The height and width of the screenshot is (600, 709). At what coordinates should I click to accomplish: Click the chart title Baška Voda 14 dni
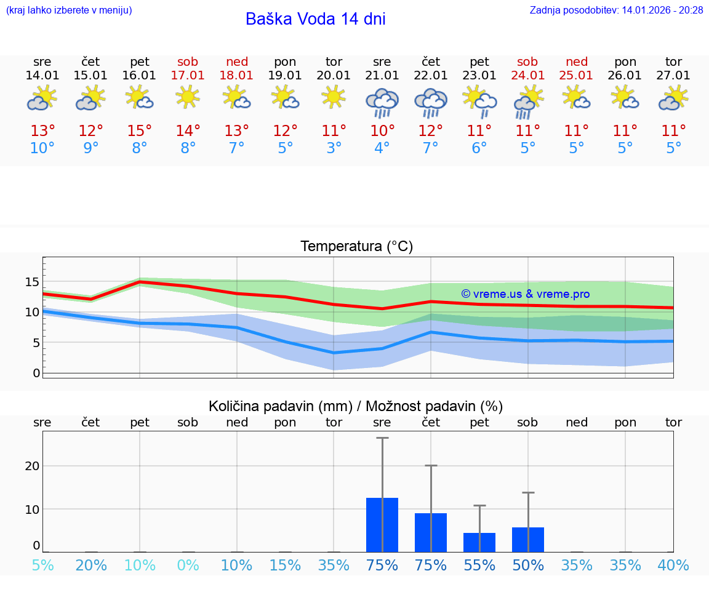tap(315, 19)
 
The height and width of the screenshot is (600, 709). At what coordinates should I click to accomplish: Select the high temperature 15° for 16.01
tap(140, 131)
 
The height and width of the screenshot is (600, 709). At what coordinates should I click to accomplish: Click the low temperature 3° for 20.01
tap(334, 148)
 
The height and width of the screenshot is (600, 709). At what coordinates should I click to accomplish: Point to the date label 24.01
tap(527, 75)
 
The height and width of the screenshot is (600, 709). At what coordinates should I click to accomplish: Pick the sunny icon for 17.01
tap(188, 97)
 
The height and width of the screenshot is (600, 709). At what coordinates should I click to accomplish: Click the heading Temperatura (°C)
tap(356, 247)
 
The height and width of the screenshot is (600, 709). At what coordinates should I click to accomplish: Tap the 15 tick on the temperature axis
tap(32, 282)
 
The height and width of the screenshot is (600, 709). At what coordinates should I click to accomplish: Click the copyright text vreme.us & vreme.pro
tap(526, 294)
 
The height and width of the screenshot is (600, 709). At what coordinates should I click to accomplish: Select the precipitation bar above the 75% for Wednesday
tap(382, 525)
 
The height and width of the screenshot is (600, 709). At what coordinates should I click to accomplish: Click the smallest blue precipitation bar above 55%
tap(479, 542)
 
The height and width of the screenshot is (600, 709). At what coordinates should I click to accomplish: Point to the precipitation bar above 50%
tap(528, 540)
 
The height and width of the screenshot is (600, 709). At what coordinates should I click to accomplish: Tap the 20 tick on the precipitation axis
tap(32, 466)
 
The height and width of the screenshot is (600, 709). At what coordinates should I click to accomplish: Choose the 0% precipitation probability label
tap(188, 566)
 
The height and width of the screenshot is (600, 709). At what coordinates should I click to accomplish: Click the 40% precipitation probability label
tap(673, 566)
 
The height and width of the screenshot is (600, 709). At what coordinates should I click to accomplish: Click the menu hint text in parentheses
tap(69, 10)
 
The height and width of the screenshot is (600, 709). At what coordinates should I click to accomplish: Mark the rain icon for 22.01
tap(431, 103)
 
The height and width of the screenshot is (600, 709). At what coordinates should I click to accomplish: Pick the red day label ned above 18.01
tap(237, 62)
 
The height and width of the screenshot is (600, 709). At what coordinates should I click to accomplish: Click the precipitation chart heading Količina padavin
tap(279, 406)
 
